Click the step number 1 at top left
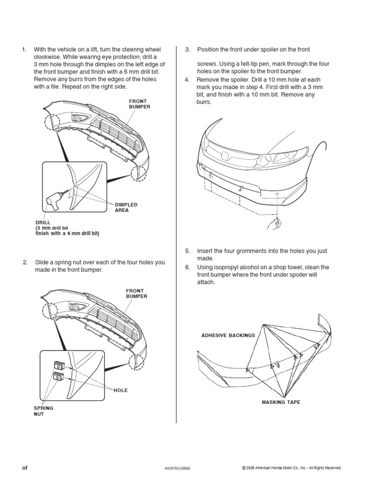[23, 49]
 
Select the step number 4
[187, 79]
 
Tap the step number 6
[187, 267]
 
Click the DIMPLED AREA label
[126, 207]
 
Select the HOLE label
[121, 390]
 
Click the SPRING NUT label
[43, 411]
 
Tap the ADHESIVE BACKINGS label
[228, 335]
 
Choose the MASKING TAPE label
[281, 402]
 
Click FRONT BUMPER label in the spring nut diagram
[137, 293]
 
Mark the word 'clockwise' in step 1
[47, 57]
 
